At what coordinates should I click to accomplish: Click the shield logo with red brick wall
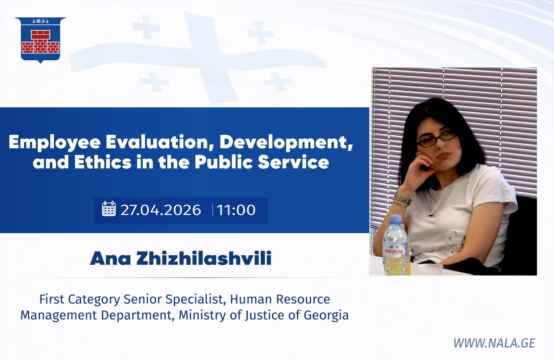40,40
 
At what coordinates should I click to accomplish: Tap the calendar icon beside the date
109,209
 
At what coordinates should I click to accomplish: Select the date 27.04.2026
161,210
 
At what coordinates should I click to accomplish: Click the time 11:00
236,210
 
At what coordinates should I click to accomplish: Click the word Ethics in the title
103,162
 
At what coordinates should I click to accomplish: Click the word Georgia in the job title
326,316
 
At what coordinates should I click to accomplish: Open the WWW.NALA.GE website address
494,343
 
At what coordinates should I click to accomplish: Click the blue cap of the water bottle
396,219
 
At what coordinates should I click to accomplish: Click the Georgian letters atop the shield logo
40,21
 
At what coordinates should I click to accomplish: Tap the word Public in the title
224,162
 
